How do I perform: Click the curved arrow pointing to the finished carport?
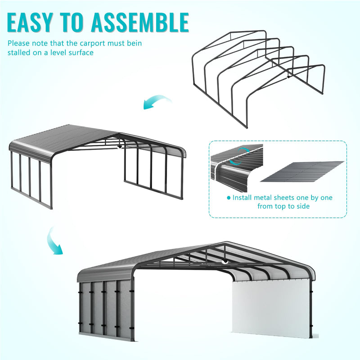55,241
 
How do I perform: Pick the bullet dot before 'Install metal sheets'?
229,198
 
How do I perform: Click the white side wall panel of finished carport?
270,306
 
